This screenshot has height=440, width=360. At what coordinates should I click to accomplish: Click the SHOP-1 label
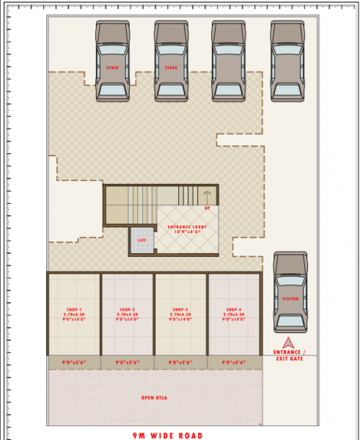click(x=75, y=309)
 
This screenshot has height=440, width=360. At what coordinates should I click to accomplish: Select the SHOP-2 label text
click(x=128, y=309)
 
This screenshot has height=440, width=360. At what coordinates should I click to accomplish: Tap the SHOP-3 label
click(x=180, y=309)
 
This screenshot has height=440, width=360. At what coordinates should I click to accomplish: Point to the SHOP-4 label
click(x=233, y=309)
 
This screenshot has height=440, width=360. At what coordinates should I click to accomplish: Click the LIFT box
click(x=142, y=240)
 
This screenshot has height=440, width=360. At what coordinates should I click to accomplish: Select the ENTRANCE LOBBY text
click(x=188, y=227)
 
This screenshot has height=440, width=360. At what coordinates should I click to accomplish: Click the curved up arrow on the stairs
click(x=207, y=196)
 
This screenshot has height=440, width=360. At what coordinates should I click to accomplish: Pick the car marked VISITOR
click(x=291, y=293)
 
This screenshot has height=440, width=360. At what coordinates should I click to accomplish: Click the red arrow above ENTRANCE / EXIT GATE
click(x=291, y=342)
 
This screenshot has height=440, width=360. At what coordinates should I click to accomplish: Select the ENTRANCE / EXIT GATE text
click(x=291, y=354)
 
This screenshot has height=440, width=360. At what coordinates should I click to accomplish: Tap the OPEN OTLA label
click(x=155, y=397)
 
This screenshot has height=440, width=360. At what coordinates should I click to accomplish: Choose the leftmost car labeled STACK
click(x=112, y=62)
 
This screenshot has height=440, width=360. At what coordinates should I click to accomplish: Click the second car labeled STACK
click(x=171, y=62)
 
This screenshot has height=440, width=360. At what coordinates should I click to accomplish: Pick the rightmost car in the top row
click(x=287, y=62)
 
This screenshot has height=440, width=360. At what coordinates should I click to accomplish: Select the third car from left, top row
click(x=229, y=62)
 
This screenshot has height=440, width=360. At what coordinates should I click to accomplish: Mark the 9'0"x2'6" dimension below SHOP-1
click(x=75, y=362)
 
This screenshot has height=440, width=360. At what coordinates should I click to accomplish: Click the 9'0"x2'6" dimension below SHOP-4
click(x=233, y=362)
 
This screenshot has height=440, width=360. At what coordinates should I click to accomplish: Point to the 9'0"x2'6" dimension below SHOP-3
click(x=180, y=362)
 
